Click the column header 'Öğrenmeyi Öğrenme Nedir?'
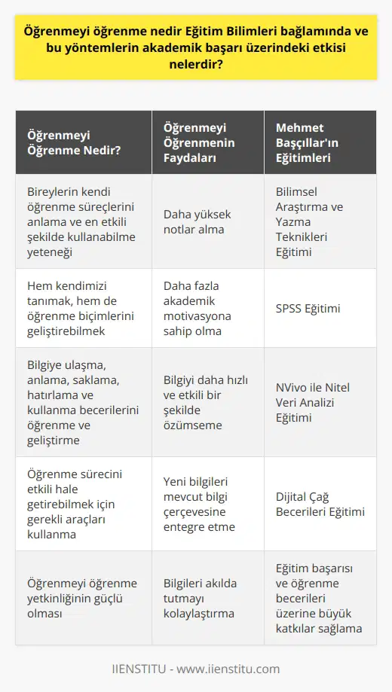(x=67, y=142)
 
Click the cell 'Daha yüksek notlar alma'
(x=194, y=221)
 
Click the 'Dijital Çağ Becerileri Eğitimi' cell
(x=320, y=503)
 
